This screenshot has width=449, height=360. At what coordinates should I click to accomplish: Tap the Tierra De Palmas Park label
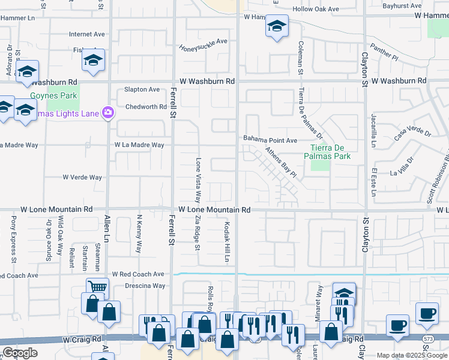pos(330,152)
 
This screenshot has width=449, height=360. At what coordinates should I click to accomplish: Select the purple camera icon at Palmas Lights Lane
pos(108,112)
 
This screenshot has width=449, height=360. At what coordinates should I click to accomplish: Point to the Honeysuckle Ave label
pos(204,41)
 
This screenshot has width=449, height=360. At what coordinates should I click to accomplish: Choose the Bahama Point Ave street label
pos(270,140)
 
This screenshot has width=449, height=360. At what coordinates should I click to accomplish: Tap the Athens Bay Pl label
pos(281,163)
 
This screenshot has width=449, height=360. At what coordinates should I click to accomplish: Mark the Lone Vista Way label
pos(197,180)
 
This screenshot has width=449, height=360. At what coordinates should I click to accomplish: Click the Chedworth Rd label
pos(146,107)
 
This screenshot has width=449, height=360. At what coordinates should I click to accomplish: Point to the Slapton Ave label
pos(142,89)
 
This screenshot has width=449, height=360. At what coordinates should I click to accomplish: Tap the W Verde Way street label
pos(82,177)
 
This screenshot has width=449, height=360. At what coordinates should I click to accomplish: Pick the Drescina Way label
pos(145,286)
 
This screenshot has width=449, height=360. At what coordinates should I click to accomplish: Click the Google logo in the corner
pos(20,353)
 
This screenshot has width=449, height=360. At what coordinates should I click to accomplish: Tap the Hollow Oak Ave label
pos(315,9)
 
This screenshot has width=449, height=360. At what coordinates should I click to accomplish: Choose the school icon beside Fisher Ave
pos(93,60)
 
